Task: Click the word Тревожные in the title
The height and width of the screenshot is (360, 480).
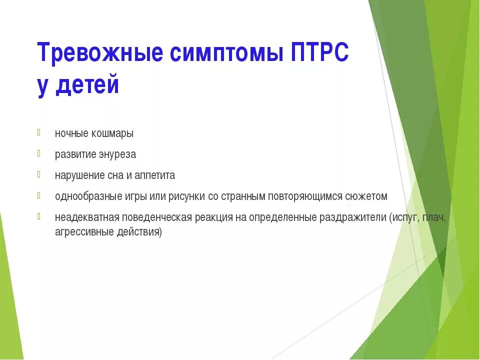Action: pos(100,53)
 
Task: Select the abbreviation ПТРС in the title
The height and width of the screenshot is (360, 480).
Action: pos(320,53)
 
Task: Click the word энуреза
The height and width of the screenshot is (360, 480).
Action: pos(116,154)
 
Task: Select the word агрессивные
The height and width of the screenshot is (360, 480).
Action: pos(79,232)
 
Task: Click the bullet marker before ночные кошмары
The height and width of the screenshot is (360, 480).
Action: pos(39,132)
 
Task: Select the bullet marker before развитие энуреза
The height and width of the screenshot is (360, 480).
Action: pos(39,153)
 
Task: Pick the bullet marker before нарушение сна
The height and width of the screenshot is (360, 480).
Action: pos(39,174)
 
